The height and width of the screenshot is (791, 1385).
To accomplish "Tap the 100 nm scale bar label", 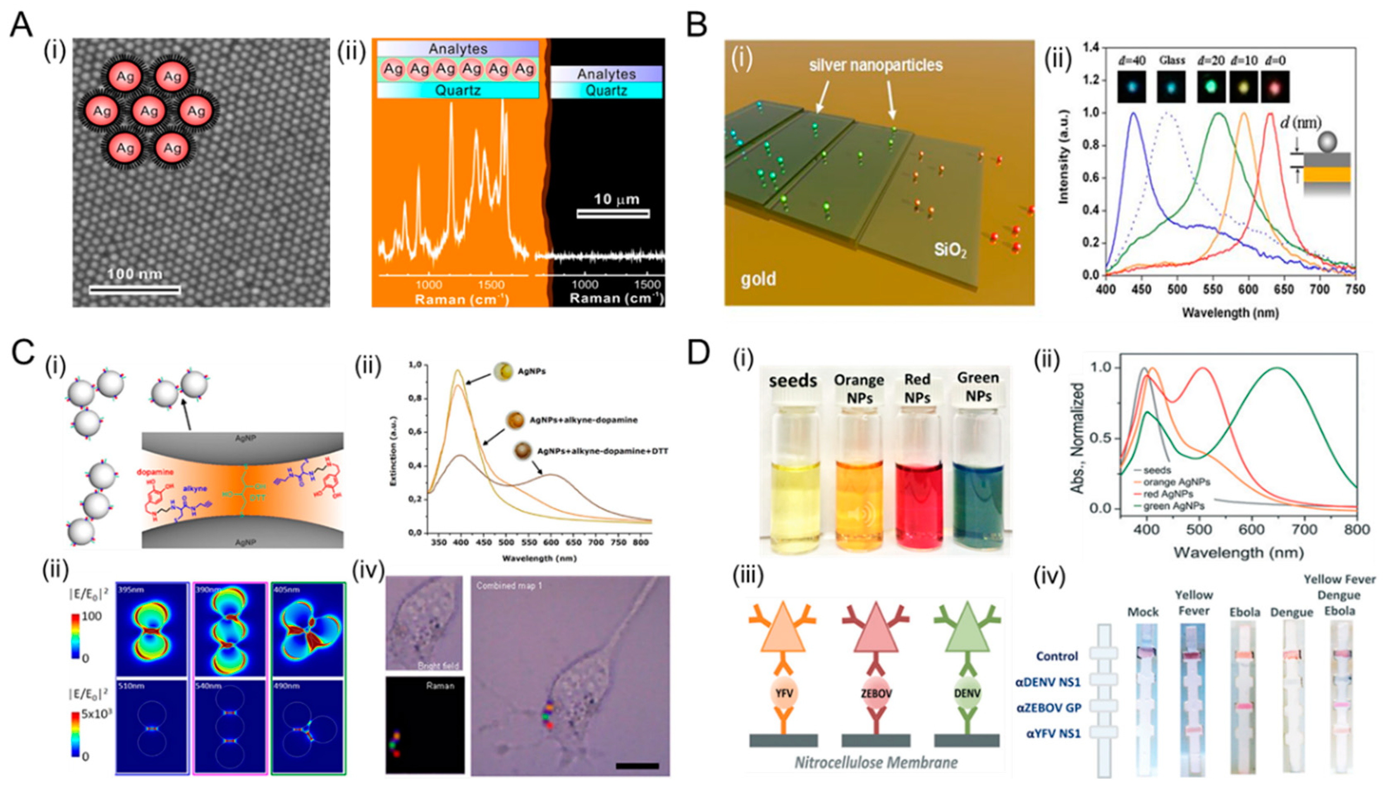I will (x=134, y=274).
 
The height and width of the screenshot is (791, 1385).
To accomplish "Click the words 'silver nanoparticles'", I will (x=875, y=65).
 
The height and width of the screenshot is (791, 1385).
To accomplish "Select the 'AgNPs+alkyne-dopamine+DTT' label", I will (x=602, y=451).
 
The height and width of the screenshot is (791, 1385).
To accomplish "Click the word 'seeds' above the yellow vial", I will (x=793, y=381).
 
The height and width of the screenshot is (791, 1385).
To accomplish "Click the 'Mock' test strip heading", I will (x=1143, y=612).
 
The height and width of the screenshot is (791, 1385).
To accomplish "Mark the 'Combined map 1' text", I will (x=509, y=586).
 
